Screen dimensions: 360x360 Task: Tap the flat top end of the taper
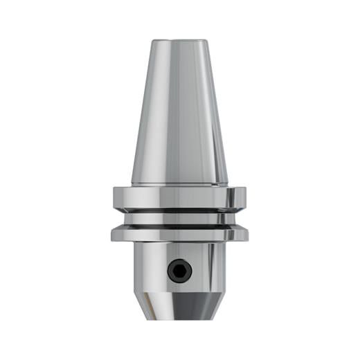click(180, 41)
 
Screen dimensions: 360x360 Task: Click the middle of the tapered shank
click(180, 111)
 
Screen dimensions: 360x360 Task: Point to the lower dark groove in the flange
click(180, 224)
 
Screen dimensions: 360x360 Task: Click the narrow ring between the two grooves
click(180, 216)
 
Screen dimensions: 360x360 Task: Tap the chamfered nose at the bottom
click(180, 305)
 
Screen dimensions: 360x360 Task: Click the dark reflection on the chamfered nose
click(181, 308)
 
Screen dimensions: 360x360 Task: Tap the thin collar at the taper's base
click(180, 185)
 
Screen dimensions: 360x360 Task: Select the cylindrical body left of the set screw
click(149, 267)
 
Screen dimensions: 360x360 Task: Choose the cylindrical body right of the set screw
click(211, 267)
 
